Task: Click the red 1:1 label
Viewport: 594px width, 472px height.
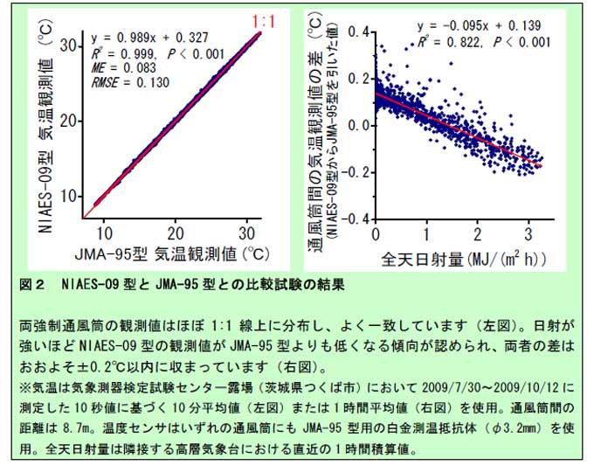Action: click(x=265, y=18)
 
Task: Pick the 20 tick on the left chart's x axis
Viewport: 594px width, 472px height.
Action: click(x=176, y=232)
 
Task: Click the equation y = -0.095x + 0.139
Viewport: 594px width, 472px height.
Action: click(x=483, y=25)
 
